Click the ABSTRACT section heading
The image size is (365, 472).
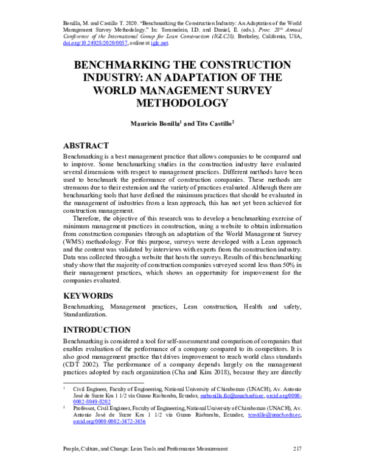pos(86,146)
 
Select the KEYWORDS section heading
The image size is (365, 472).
pos(88,296)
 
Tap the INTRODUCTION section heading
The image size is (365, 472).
pos(99,329)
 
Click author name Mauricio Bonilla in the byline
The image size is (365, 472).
pos(154,123)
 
